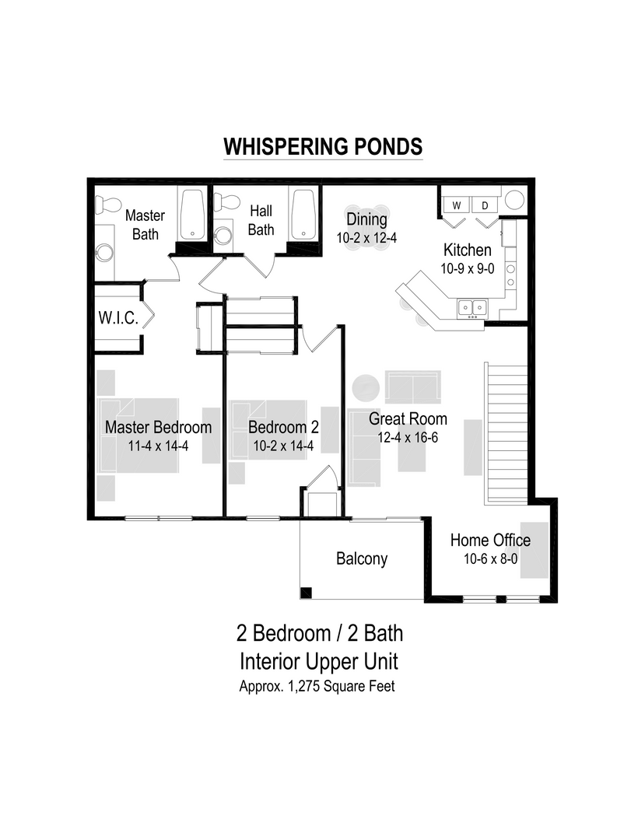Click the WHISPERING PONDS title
point(323,147)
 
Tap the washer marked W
point(457,205)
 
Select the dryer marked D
point(485,205)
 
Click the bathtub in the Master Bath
point(191,215)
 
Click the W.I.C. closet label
point(117,318)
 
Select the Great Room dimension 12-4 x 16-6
point(408,437)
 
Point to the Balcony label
point(362,558)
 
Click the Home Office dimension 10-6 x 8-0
point(490,558)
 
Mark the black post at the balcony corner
point(307,593)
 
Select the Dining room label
point(366,219)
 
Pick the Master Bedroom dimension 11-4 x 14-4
point(158,446)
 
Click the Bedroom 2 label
point(283,427)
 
